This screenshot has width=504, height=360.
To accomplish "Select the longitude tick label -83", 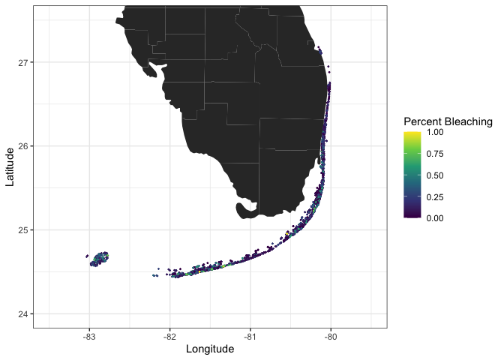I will click(x=88, y=336).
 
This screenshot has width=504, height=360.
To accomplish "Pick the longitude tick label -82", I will click(x=169, y=336).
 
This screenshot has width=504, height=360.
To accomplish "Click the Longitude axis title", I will click(x=210, y=349).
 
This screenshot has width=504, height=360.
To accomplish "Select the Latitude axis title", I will click(x=9, y=166).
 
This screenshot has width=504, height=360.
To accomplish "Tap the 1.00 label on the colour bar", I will click(x=435, y=132).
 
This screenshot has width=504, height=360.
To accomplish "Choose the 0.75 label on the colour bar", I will click(x=435, y=154).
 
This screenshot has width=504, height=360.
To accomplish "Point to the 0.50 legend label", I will click(x=435, y=175).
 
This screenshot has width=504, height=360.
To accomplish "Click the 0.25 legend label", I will click(x=435, y=196).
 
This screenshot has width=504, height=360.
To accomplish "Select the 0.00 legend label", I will click(x=435, y=218).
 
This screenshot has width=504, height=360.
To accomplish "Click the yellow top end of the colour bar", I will click(x=412, y=133).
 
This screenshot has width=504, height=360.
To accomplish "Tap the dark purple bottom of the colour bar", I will click(x=412, y=216).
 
